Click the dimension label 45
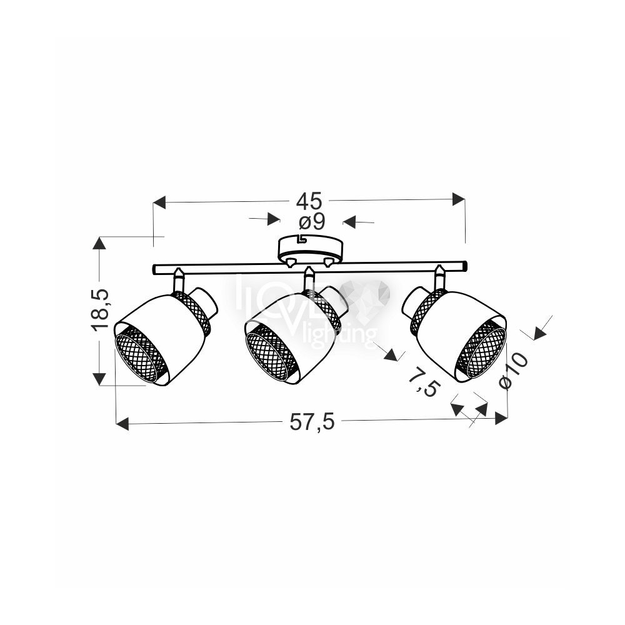(309, 201)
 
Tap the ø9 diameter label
(312, 222)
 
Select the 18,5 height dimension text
(99, 310)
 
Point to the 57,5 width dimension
(312, 422)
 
